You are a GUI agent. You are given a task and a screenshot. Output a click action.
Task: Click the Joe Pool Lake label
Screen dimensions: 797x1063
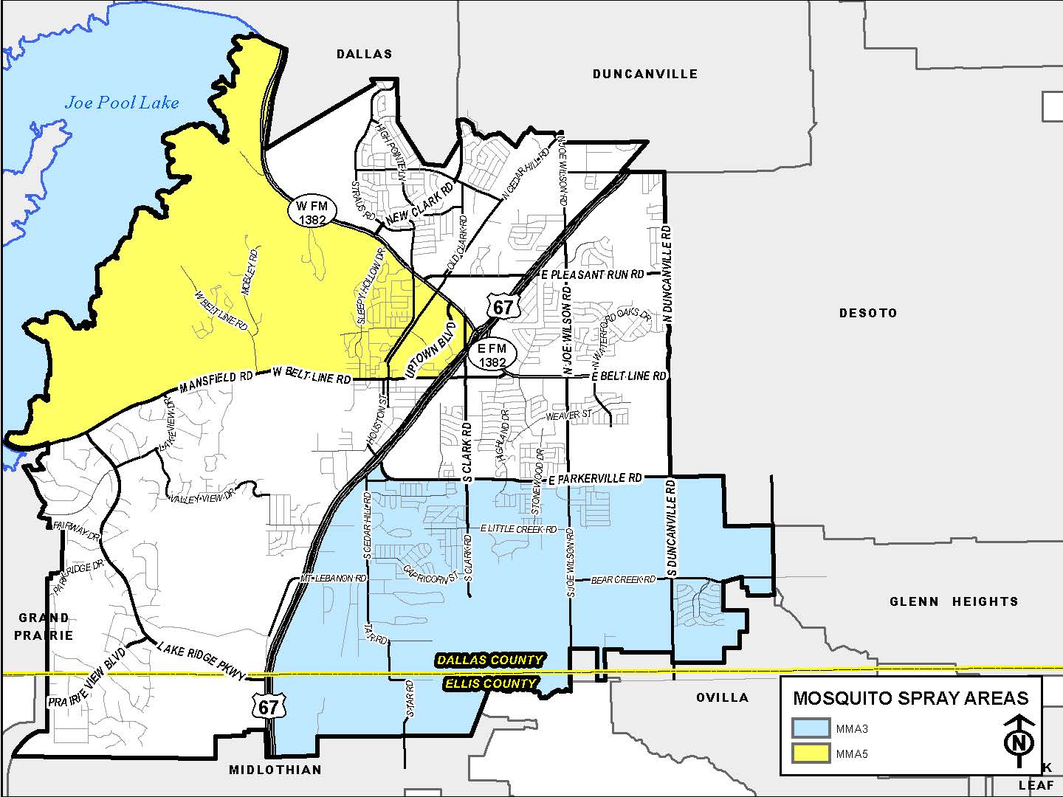point(122,103)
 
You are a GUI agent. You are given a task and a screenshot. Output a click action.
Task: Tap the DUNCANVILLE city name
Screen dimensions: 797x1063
point(644,74)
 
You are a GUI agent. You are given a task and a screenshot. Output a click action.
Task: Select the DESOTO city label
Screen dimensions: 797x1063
point(868,313)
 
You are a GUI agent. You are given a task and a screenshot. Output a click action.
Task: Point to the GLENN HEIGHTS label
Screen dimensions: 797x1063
point(954,601)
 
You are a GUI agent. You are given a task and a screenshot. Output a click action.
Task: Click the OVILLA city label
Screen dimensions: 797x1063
point(723,697)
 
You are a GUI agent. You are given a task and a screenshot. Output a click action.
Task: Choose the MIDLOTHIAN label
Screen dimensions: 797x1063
point(275,770)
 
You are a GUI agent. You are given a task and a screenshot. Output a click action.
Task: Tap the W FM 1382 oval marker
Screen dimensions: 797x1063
point(312,212)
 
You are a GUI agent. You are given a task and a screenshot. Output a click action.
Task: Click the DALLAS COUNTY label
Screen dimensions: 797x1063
point(489,660)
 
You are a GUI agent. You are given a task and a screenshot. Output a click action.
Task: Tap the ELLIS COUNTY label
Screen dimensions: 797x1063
point(490,683)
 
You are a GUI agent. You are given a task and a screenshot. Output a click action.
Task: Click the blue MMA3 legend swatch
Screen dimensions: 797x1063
point(811,728)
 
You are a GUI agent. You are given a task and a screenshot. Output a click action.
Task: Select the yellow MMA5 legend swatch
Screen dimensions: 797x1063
point(811,753)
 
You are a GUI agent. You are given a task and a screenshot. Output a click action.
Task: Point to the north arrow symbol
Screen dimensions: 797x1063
point(1019,735)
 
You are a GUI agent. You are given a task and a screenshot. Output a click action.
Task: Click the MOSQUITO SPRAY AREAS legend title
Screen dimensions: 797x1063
point(910,698)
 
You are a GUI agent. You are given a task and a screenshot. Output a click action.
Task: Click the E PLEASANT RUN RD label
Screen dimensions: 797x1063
point(592,275)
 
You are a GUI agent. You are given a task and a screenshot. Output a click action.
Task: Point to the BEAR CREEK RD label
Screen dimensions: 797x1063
point(623,580)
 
